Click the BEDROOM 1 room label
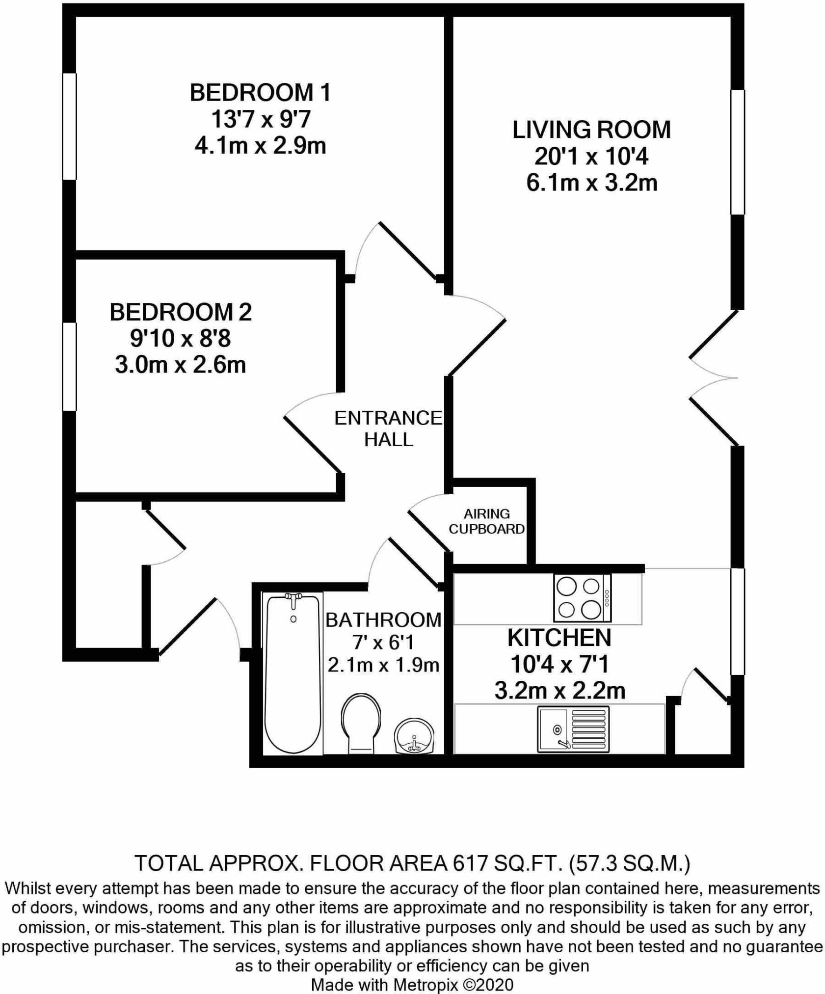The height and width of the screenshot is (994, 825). [260, 93]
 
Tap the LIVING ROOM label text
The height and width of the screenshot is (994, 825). [591, 130]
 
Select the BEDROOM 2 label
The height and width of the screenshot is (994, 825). [181, 312]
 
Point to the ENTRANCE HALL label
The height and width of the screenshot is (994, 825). [388, 429]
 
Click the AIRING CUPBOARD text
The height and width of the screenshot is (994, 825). [487, 521]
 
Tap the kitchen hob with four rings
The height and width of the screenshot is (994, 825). [583, 598]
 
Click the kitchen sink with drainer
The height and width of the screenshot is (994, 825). [573, 729]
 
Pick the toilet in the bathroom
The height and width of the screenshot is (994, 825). [361, 723]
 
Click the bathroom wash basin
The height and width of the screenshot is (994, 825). [414, 736]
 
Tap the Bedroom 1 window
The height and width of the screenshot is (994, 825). [69, 126]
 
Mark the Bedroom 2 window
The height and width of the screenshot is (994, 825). [69, 366]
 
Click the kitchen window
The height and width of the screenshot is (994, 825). [738, 621]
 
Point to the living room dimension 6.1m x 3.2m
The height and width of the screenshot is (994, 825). [592, 183]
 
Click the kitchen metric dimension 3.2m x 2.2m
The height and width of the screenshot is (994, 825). [560, 691]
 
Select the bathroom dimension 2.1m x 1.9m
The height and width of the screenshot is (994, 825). [383, 665]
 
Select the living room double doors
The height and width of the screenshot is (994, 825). [714, 377]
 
